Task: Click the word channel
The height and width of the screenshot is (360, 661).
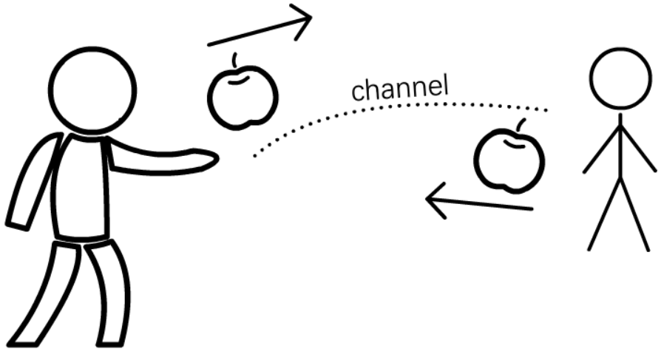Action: click(400, 88)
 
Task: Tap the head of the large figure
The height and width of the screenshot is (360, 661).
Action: click(92, 91)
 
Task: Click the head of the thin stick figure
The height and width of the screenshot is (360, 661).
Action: click(620, 79)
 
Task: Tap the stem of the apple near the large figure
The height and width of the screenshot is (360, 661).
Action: click(234, 60)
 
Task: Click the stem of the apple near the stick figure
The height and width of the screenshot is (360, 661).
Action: click(521, 125)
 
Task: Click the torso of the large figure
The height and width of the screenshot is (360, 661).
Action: click(81, 188)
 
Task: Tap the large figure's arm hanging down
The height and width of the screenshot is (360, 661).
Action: click(34, 182)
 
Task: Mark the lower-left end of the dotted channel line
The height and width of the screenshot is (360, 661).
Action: click(254, 157)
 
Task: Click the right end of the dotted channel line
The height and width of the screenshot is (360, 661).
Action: click(546, 110)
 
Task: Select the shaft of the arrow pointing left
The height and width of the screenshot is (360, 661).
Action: click(480, 203)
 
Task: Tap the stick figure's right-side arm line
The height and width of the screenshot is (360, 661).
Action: click(638, 149)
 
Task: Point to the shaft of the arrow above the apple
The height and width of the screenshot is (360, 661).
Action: click(260, 31)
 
